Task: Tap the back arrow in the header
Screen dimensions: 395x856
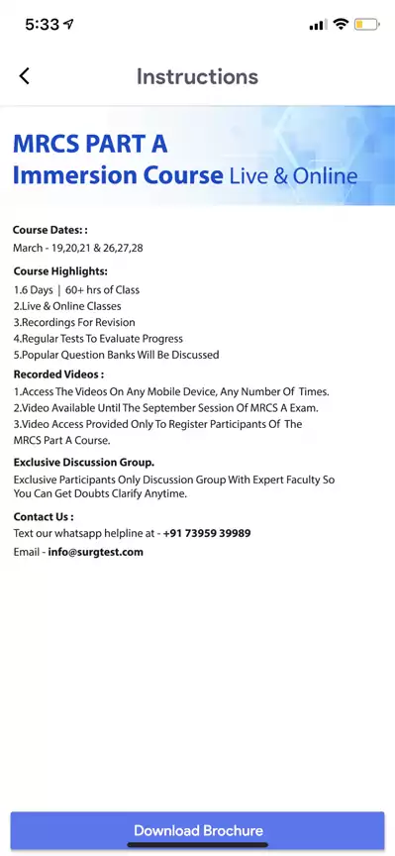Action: [25, 76]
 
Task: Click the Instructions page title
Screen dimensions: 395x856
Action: [197, 76]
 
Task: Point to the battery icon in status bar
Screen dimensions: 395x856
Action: [367, 25]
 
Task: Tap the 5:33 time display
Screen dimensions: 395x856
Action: [43, 26]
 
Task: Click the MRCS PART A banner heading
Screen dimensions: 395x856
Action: [90, 144]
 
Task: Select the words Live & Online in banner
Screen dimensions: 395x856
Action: [293, 176]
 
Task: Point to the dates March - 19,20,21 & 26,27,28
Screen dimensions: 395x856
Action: [78, 248]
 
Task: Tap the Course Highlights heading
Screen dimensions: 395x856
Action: [60, 270]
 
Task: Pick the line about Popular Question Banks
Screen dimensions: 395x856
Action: [116, 355]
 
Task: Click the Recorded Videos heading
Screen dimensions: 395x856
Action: [58, 374]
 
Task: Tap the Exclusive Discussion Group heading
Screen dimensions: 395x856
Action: [84, 462]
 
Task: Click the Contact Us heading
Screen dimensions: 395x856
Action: [44, 516]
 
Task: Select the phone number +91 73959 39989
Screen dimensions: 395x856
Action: [207, 533]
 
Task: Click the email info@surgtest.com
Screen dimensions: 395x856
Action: [96, 552]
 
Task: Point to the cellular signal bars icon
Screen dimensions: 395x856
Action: [318, 25]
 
